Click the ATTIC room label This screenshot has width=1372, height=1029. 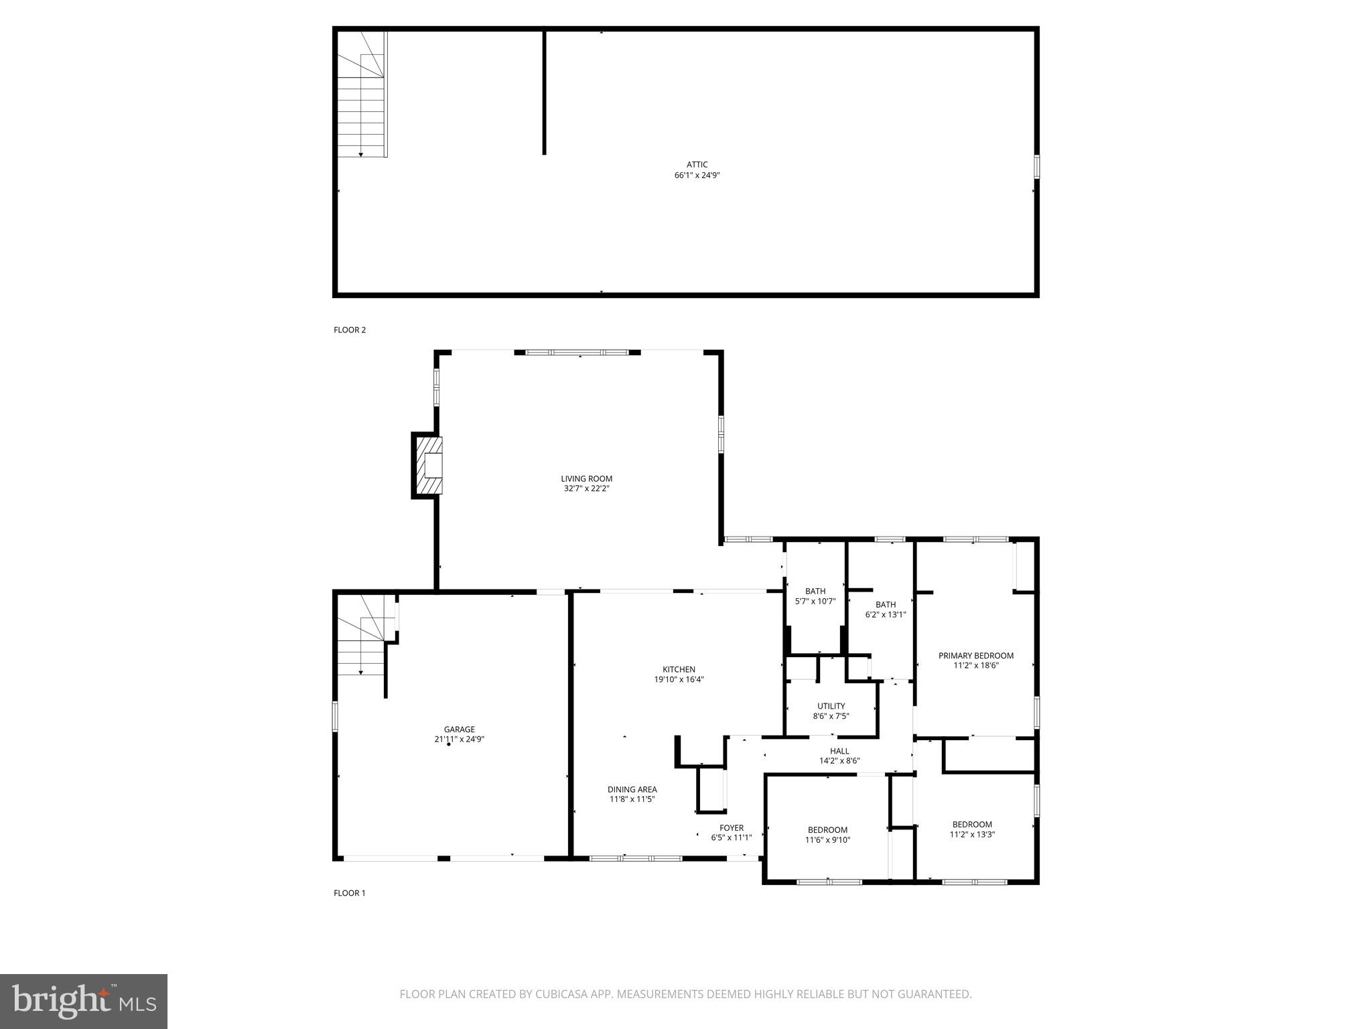[x=697, y=165]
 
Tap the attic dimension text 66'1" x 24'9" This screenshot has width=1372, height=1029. [x=697, y=176]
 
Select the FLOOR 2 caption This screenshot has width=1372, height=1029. [x=350, y=330]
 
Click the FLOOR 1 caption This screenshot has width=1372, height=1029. [x=350, y=893]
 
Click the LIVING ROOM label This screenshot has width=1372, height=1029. [x=586, y=478]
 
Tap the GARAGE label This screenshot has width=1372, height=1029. [x=459, y=730]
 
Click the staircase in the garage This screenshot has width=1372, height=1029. [x=362, y=636]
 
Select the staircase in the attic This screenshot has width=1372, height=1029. [x=362, y=94]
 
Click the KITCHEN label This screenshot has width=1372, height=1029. [x=679, y=669]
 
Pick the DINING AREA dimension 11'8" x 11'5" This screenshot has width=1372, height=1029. [x=632, y=799]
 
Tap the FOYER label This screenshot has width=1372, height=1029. [x=732, y=828]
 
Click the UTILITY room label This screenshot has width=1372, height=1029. [x=831, y=706]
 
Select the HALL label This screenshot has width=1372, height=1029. [x=839, y=751]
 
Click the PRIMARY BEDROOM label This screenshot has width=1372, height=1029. [x=975, y=656]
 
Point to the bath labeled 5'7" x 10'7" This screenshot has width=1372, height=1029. [x=815, y=596]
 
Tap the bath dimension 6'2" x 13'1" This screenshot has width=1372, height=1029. [x=885, y=614]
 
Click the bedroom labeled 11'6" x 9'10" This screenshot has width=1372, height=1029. [x=827, y=835]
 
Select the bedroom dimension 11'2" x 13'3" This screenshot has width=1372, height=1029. [x=972, y=835]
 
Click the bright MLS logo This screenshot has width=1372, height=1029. [x=83, y=1002]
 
